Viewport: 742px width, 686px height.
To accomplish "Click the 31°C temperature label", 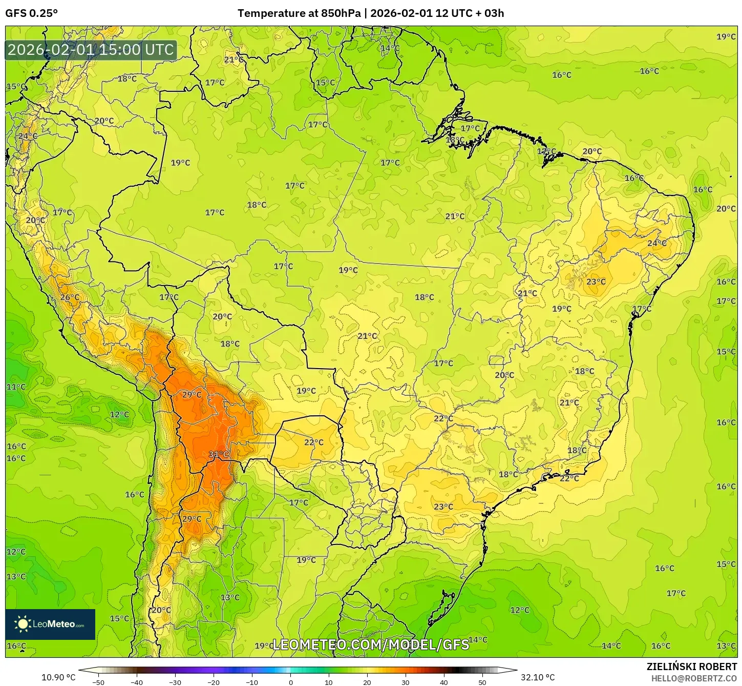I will click(219, 454).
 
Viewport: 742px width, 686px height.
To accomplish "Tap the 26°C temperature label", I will click(70, 297).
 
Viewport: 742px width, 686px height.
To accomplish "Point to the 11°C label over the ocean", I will click(16, 387).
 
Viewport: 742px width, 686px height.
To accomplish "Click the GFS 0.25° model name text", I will click(32, 13).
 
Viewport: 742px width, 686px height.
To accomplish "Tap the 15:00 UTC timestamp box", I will click(91, 50).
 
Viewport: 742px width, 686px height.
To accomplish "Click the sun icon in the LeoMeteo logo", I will click(23, 624).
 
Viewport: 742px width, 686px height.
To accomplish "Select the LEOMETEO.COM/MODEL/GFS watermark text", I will click(371, 644).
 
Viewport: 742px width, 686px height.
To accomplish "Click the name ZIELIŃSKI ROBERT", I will click(691, 667).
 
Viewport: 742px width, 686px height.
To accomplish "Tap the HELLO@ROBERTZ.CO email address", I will click(694, 678).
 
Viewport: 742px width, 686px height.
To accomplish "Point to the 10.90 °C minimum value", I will click(58, 677).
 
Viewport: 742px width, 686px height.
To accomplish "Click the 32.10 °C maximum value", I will click(538, 677).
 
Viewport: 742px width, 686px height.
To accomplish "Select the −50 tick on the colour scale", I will click(98, 682).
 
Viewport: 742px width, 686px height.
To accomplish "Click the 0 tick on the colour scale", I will click(290, 682).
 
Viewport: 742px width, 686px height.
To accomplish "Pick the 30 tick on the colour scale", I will click(406, 682).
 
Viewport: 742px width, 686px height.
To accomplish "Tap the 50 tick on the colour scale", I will click(482, 682).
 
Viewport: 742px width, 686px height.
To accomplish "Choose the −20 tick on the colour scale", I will click(213, 682).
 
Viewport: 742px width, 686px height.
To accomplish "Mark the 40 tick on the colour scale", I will click(444, 682).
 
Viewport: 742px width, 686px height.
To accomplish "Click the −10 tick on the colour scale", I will click(251, 682).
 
